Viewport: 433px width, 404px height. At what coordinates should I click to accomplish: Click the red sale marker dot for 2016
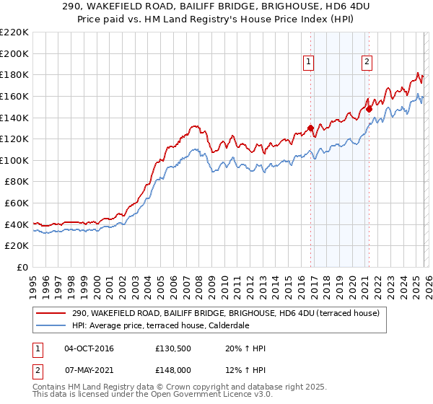[311, 128]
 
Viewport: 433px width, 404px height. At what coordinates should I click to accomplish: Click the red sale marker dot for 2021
[369, 110]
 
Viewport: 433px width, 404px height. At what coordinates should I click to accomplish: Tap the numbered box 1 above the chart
[309, 63]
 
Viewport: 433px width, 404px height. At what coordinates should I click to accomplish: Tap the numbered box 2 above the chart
[367, 63]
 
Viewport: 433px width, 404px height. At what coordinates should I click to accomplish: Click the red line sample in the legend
[52, 313]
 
